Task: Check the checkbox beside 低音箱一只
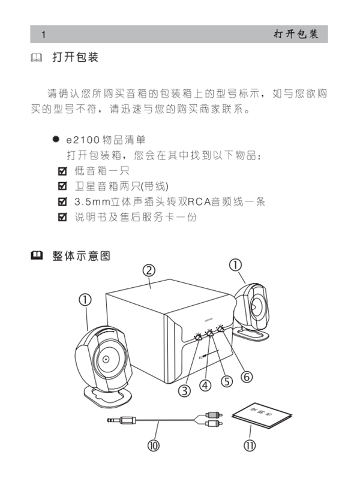pyautogui.click(x=61, y=171)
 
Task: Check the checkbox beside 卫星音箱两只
pyautogui.click(x=61, y=186)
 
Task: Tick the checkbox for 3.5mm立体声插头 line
pyautogui.click(x=61, y=201)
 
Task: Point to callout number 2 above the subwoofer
pyautogui.click(x=150, y=272)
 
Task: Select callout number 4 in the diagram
pyautogui.click(x=206, y=385)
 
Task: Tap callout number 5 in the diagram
pyautogui.click(x=226, y=382)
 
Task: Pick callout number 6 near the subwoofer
pyautogui.click(x=246, y=376)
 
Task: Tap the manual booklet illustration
pyautogui.click(x=259, y=415)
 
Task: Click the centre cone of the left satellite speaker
pyautogui.click(x=106, y=360)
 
